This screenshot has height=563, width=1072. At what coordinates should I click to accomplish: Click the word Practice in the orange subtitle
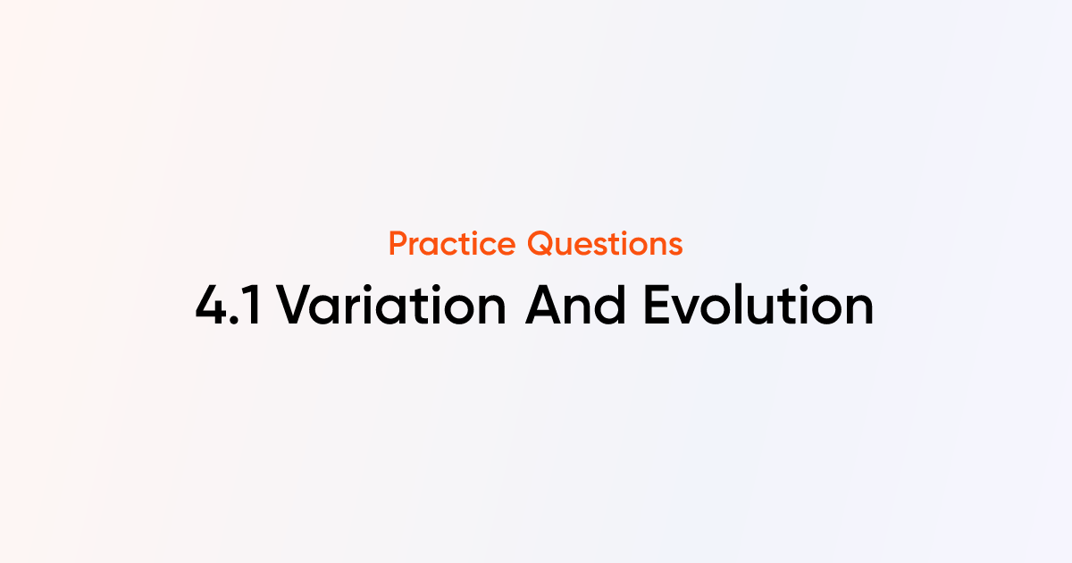pos(453,244)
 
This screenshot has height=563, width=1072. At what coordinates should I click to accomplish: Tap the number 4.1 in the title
pos(229,307)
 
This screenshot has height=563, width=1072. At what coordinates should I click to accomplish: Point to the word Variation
pos(391,307)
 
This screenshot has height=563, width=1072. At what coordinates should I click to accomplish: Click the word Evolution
pos(758,307)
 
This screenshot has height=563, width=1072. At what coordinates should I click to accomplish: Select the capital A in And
pos(544,307)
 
